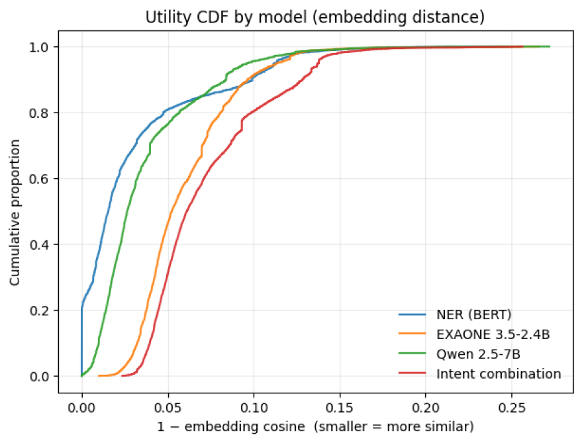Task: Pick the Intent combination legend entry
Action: [x=499, y=373]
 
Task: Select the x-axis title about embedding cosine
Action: [x=315, y=428]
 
